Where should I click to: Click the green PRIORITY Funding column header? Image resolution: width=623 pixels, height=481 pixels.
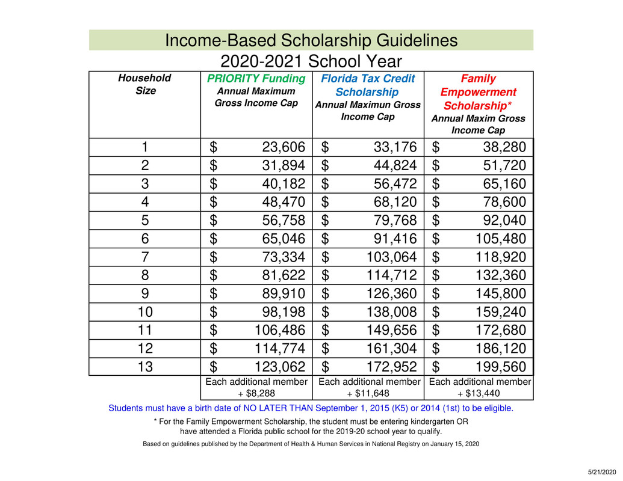point(256,79)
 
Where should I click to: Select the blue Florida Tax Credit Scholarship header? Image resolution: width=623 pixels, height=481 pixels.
point(367,85)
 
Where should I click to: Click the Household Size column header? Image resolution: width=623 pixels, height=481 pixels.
point(144,84)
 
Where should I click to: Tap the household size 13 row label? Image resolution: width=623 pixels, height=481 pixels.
point(144,367)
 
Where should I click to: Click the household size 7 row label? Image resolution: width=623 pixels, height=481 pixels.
point(144,257)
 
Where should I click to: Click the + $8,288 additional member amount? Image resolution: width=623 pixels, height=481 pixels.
point(256,394)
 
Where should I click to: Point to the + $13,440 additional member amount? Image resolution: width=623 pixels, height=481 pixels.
point(479,394)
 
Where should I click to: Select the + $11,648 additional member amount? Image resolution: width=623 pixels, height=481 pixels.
point(368,394)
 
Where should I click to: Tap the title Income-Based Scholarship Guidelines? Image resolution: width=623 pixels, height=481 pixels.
point(311,41)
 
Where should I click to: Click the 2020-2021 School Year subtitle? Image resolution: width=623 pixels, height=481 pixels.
point(311,61)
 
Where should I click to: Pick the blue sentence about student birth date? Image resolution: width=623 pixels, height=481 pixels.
point(311,408)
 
